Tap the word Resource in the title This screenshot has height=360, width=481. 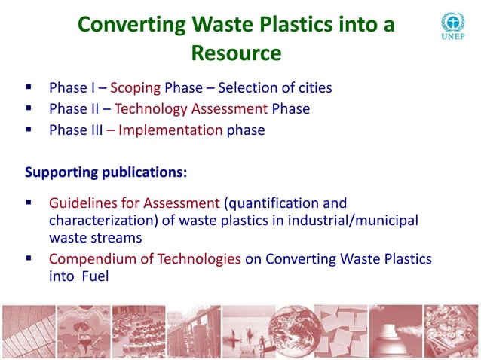(236, 53)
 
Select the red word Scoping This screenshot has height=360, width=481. (135, 88)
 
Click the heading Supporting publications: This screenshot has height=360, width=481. (106, 172)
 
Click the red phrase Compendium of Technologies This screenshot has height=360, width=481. (145, 259)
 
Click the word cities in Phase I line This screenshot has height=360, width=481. (313, 88)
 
